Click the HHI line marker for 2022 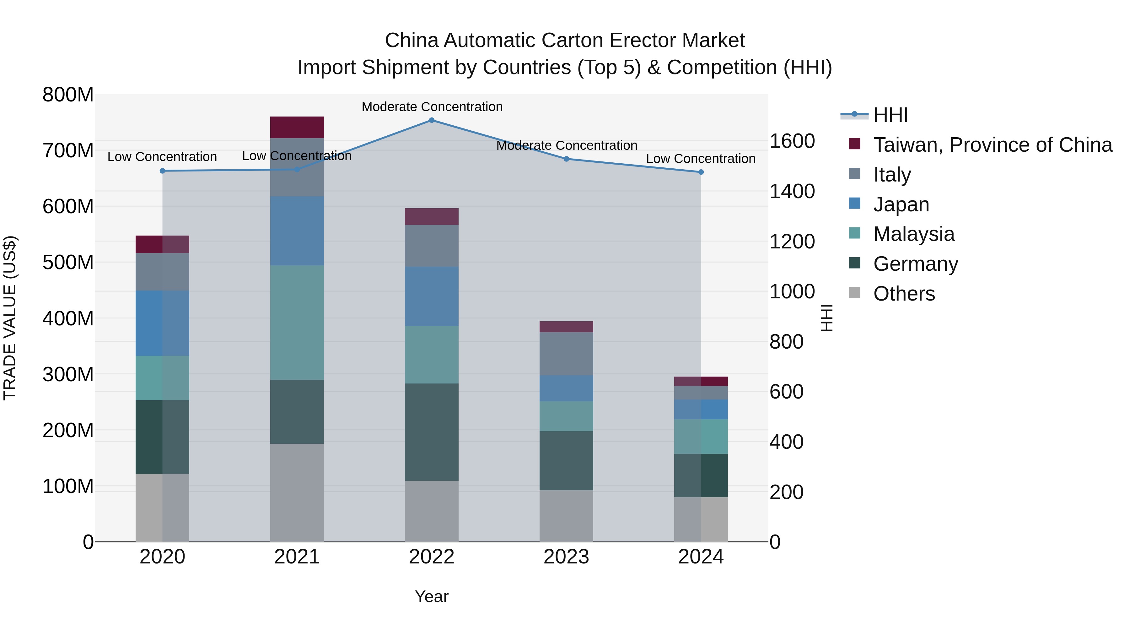[x=432, y=120]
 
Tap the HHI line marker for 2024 [x=701, y=172]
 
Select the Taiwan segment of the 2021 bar [x=297, y=127]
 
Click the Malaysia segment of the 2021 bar [x=297, y=323]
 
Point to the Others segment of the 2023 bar [x=566, y=516]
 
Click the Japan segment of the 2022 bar [x=432, y=296]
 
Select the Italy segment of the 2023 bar [x=566, y=354]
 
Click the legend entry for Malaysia [x=913, y=234]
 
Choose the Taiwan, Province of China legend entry [x=992, y=145]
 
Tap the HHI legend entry [x=891, y=115]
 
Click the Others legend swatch [x=854, y=293]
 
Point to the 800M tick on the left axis [x=68, y=95]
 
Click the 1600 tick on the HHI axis [x=792, y=141]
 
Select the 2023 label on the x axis [x=566, y=557]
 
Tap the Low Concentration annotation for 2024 [x=701, y=159]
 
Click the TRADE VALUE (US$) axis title [x=10, y=318]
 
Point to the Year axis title [x=432, y=596]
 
